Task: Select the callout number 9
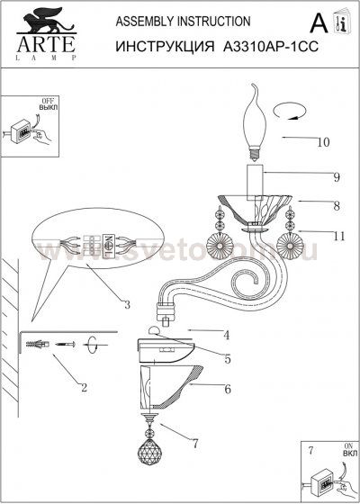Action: (310, 176)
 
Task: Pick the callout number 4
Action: (227, 335)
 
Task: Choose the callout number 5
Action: (227, 359)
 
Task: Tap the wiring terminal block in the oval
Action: (91, 244)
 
